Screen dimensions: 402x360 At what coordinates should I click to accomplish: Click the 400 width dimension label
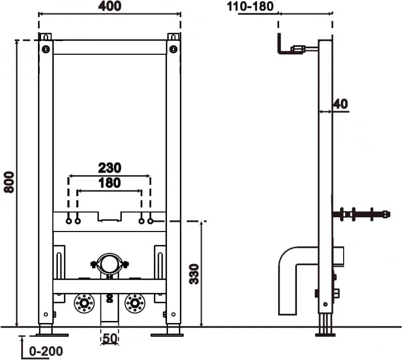pyautogui.click(x=110, y=6)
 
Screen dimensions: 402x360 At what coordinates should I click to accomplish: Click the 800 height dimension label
pyautogui.click(x=10, y=182)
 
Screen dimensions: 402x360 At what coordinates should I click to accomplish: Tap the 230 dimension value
pyautogui.click(x=110, y=168)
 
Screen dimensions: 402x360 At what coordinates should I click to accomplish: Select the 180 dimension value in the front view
pyautogui.click(x=110, y=183)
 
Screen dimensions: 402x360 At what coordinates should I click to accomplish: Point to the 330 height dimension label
pyautogui.click(x=194, y=274)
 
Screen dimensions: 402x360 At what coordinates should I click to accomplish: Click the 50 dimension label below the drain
pyautogui.click(x=110, y=339)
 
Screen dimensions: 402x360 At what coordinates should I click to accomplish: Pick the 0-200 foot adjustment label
pyautogui.click(x=46, y=351)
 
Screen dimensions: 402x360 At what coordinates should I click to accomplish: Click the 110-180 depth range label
pyautogui.click(x=250, y=7)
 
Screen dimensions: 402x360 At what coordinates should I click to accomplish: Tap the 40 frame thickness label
pyautogui.click(x=341, y=104)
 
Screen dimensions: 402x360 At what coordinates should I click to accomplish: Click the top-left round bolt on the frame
pyautogui.click(x=46, y=49)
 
